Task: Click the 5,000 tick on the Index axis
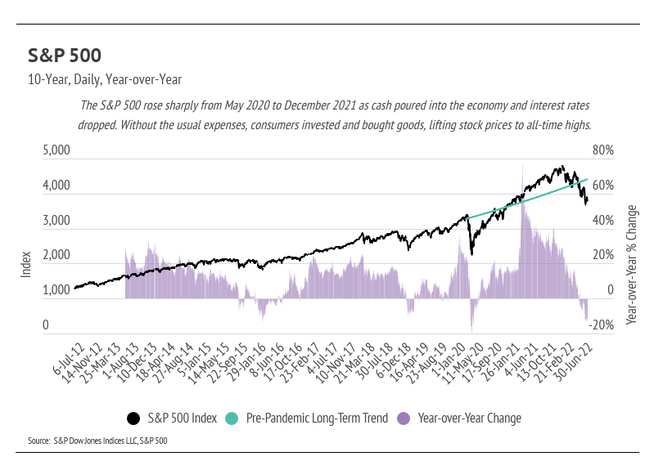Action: pyautogui.click(x=57, y=151)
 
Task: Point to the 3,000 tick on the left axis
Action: pyautogui.click(x=57, y=221)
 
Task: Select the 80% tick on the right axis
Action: pyautogui.click(x=603, y=151)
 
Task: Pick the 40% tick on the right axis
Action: pyautogui.click(x=603, y=221)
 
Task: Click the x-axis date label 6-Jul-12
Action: pyautogui.click(x=65, y=360)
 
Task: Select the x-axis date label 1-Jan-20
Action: pyautogui.click(x=453, y=360)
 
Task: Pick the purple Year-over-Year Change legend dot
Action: pyautogui.click(x=403, y=419)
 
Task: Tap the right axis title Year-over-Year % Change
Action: pyautogui.click(x=631, y=265)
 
